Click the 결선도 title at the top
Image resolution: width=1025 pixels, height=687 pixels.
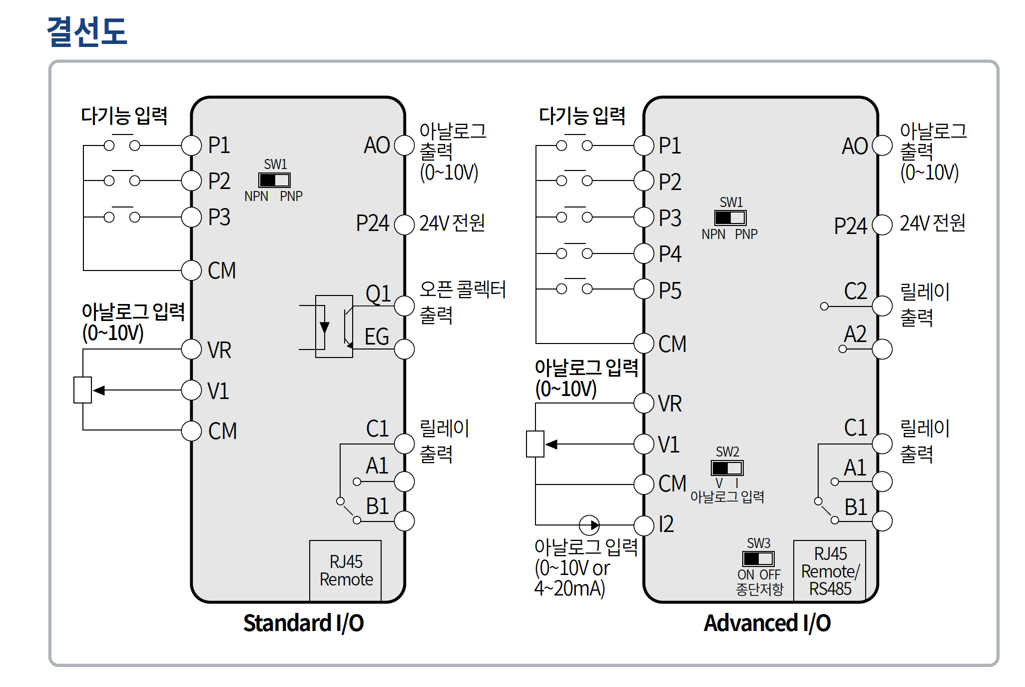[x=87, y=31]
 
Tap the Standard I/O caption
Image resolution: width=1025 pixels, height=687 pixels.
[x=303, y=623]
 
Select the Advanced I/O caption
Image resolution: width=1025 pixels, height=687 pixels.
[x=767, y=623]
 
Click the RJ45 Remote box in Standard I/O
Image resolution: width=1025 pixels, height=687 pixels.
[x=345, y=570]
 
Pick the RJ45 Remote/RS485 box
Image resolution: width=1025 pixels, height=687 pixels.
[x=830, y=570]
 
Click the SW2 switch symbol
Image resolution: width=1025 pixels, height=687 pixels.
[x=727, y=468]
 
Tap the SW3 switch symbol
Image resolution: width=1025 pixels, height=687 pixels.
[x=758, y=558]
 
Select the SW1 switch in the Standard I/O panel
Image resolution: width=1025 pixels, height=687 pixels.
[x=274, y=180]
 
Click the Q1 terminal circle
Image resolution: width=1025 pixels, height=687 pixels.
[x=404, y=305]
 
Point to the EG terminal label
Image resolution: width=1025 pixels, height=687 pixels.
[x=376, y=336]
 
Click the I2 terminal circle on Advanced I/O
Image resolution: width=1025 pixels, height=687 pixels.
[x=644, y=525]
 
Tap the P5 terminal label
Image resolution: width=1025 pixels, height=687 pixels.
[x=670, y=290]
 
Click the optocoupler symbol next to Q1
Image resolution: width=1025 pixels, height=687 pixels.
[x=334, y=326]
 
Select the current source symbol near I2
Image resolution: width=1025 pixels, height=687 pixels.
[x=589, y=525]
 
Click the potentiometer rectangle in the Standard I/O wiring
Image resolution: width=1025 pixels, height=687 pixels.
[x=82, y=390]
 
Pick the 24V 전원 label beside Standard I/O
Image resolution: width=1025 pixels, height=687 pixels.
[x=452, y=223]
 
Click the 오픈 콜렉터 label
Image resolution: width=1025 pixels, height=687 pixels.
[x=463, y=289]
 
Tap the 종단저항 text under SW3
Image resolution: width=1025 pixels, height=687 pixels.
[x=759, y=589]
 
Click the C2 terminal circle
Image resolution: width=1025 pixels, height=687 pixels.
[x=882, y=306]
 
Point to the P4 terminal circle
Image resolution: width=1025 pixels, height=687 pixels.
[x=644, y=253]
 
